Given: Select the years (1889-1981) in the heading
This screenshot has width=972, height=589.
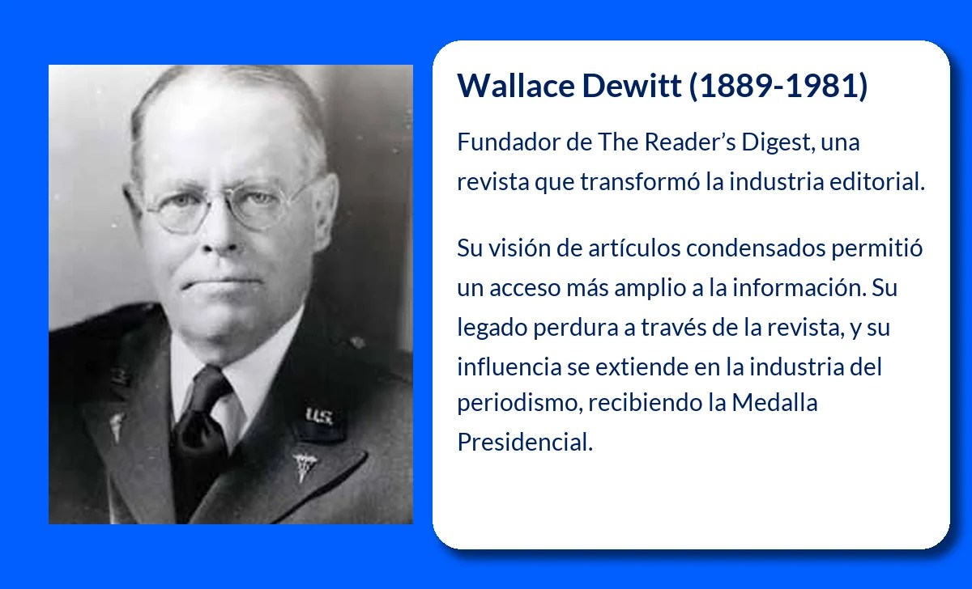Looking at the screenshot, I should click(778, 86).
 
